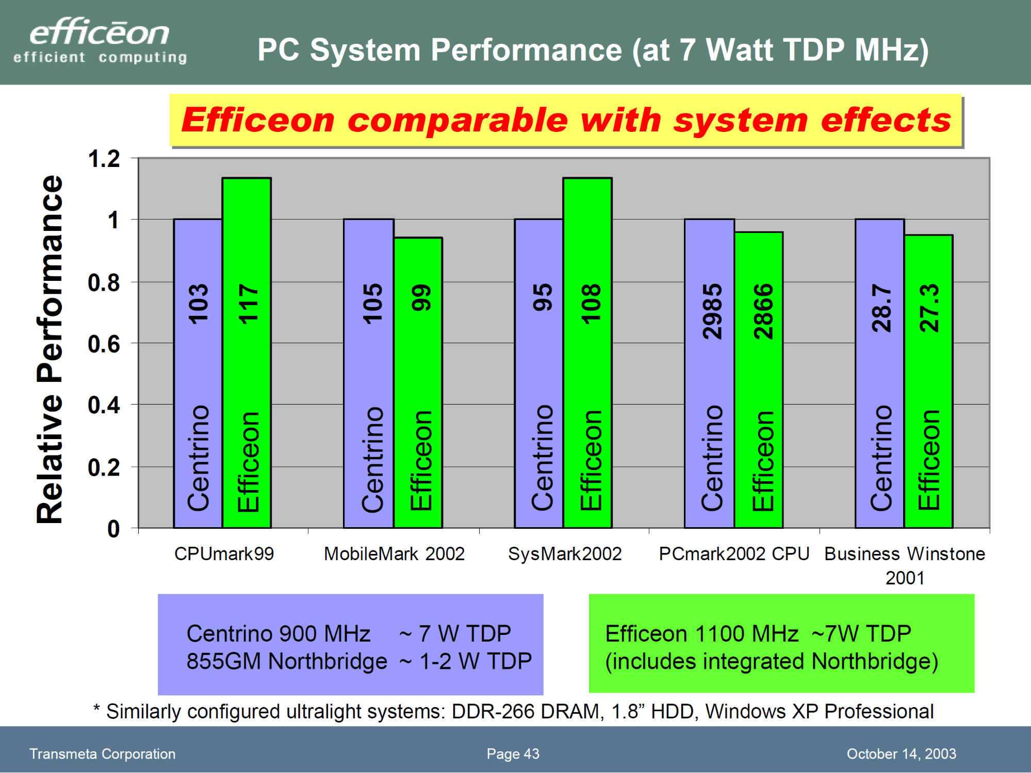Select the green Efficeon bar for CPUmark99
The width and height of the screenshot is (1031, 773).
tap(247, 361)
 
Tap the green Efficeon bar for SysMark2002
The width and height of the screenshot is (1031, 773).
tap(587, 361)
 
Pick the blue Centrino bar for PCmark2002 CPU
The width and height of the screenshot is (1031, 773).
tap(710, 371)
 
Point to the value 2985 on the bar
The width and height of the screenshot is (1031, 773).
tap(712, 311)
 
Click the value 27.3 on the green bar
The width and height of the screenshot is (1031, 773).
tap(930, 308)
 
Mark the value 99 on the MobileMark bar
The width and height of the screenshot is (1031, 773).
tap(421, 297)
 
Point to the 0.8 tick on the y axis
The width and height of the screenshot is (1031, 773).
tap(104, 282)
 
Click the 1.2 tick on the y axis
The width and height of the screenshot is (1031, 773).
tap(104, 159)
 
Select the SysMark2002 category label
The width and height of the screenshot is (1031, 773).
tap(565, 554)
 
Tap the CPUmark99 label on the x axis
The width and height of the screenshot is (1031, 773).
tap(224, 554)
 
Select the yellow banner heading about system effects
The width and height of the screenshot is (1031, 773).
tap(566, 120)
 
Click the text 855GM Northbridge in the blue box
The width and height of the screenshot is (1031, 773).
tap(287, 661)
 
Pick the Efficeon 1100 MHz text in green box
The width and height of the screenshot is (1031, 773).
tap(702, 633)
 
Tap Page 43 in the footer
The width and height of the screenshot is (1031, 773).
tap(513, 754)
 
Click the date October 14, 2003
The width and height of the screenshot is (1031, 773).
tap(901, 754)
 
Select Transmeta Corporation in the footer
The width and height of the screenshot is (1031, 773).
tap(102, 754)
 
